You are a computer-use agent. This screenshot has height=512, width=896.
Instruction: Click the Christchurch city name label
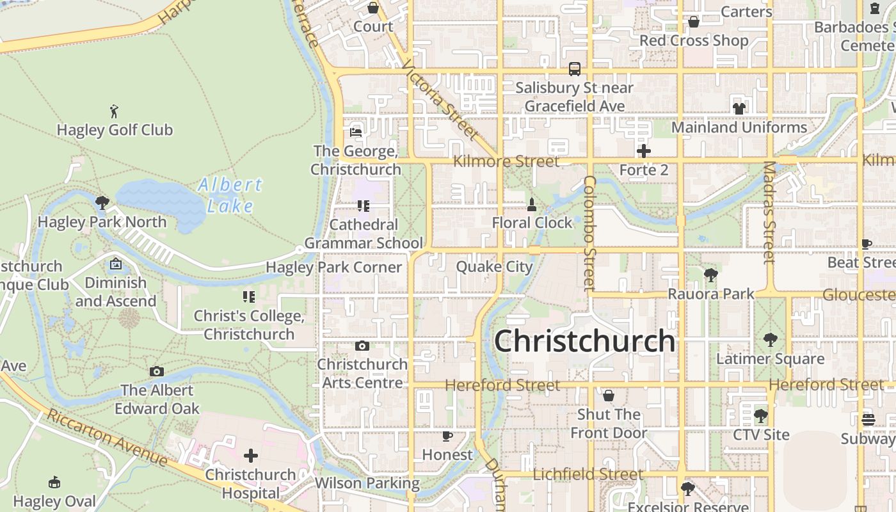point(584,341)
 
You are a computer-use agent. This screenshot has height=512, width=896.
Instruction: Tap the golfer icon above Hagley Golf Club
point(115,111)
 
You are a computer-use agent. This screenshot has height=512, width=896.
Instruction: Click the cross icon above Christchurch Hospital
point(251,456)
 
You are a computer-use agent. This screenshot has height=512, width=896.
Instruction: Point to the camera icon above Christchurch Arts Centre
point(362,346)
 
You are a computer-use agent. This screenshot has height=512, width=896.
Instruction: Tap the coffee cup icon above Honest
point(447,436)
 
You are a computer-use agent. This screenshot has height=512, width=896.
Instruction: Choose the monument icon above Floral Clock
point(531,205)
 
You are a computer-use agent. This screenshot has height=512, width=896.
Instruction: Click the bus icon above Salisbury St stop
point(575,69)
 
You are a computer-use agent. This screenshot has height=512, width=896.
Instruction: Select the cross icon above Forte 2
point(644,152)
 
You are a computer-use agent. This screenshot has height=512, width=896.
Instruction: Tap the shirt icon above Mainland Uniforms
point(739,109)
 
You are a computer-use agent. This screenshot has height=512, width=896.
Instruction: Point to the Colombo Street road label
point(589,234)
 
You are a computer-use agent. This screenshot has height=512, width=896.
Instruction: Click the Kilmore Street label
point(506,161)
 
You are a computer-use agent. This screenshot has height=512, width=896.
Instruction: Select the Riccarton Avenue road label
point(108,438)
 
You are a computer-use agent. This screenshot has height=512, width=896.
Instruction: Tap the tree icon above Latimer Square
point(770,340)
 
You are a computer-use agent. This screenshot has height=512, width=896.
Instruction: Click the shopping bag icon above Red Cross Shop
point(694,22)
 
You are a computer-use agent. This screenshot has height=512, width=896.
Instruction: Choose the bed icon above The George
point(356,132)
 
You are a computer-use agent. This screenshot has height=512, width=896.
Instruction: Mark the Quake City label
point(494,266)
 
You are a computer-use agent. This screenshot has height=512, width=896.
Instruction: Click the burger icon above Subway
point(868,420)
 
